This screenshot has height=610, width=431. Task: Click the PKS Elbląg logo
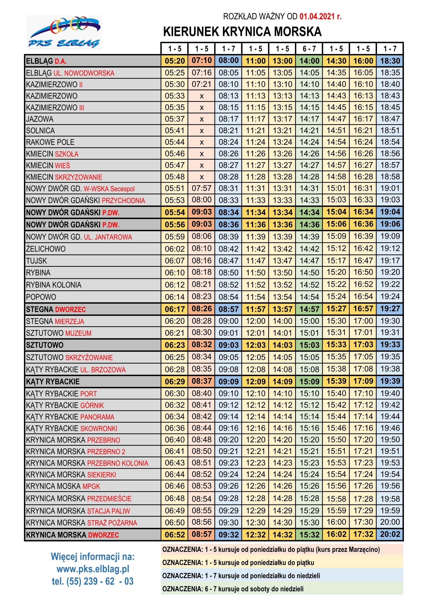64,32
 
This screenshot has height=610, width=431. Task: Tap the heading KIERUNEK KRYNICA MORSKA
242,32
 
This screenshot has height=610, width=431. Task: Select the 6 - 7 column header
309,49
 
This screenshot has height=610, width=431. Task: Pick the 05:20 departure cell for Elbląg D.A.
174,61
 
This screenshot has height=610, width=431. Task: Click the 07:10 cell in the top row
201,60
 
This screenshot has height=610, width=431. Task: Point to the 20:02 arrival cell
390,534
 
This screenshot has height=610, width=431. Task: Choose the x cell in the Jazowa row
201,119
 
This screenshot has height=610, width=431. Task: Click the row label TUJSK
36,261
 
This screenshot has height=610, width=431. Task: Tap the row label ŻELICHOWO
46,249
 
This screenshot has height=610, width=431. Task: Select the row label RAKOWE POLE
50,142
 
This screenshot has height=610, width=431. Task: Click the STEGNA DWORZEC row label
56,309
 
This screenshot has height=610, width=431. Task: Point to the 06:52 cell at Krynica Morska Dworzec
174,535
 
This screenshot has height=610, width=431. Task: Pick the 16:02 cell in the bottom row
336,534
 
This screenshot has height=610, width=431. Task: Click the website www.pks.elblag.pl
93,569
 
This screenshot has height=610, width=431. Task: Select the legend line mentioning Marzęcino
271,550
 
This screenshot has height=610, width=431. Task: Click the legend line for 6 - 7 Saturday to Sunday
233,589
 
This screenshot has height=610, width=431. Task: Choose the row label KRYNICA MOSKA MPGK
63,486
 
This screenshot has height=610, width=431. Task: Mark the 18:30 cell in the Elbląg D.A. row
390,61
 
